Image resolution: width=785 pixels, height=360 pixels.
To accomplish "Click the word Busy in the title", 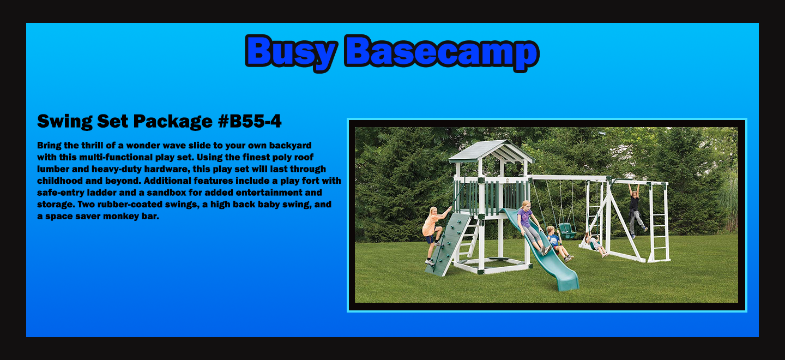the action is pos(291,52).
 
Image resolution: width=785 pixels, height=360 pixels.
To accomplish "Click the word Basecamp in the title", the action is pos(442,52).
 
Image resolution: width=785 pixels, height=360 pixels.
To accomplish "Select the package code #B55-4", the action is pos(250,121).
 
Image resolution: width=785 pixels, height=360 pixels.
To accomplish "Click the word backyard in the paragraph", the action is pos(290,146).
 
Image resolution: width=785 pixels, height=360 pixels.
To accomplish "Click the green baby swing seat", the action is pos(567,231).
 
